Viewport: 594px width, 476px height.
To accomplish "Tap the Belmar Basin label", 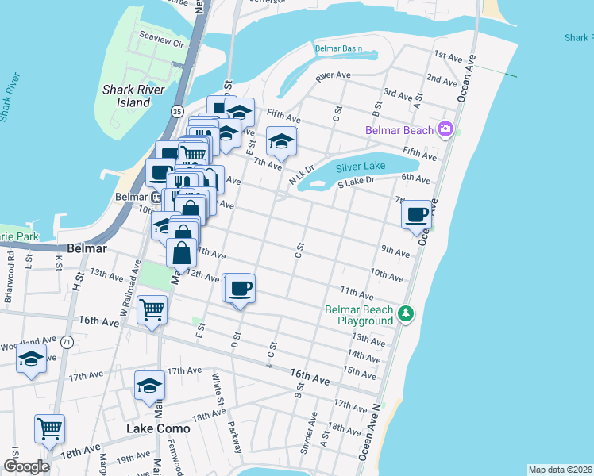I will point(338,48).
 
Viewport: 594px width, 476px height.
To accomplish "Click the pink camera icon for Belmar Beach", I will point(445,129).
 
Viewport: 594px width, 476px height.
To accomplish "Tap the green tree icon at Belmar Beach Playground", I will point(406,314).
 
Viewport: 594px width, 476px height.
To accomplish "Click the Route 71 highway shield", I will point(67,342).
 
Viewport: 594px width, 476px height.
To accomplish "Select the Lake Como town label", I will point(159,428).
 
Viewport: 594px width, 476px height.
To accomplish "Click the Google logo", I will point(26,466).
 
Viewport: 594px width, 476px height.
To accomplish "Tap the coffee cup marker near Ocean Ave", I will point(417,214).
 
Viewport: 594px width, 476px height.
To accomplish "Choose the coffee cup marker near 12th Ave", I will point(240,288).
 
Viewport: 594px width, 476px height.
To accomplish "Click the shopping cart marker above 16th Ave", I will point(152,309).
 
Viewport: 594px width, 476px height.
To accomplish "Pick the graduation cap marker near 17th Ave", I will point(148,386).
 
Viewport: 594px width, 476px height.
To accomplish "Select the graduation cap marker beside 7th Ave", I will point(280,141).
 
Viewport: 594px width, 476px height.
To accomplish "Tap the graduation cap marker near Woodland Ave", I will point(31,359).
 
